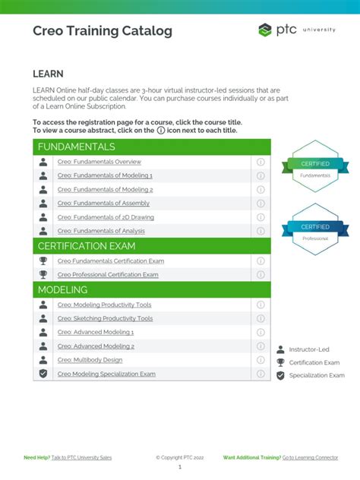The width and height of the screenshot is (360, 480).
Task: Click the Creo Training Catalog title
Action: pos(103,31)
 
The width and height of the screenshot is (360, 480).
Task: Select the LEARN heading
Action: pos(48,74)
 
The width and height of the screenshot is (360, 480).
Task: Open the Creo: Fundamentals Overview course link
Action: pos(99,162)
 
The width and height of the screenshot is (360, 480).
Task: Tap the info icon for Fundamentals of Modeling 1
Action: pos(261,175)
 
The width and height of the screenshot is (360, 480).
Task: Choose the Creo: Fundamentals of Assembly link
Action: pos(103,204)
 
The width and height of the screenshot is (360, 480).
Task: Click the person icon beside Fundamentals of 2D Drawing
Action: pos(43,217)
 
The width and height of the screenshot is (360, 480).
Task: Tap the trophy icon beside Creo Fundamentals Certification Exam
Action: pos(43,261)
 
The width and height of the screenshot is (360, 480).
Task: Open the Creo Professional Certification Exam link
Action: pos(108,275)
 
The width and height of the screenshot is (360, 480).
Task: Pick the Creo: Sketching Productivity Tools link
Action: pos(105,319)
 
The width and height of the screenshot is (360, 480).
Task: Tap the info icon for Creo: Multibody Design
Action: pos(261,360)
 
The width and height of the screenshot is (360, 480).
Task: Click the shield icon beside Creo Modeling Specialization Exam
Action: pos(43,374)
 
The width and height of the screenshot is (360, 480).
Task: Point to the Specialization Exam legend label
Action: pos(317,375)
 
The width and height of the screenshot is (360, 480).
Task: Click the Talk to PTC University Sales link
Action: pos(82,457)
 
